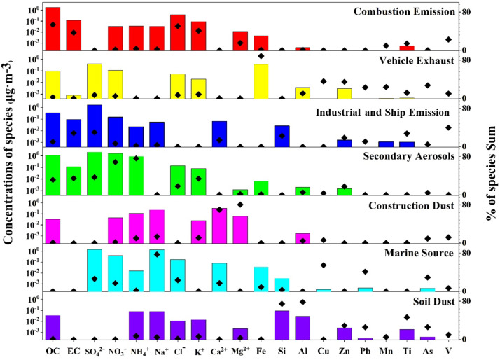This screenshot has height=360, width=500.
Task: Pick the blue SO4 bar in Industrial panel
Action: pyautogui.click(x=95, y=125)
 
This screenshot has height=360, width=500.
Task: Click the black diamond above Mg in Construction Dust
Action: pyautogui.click(x=240, y=205)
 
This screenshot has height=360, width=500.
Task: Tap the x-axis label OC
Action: pyautogui.click(x=53, y=349)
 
